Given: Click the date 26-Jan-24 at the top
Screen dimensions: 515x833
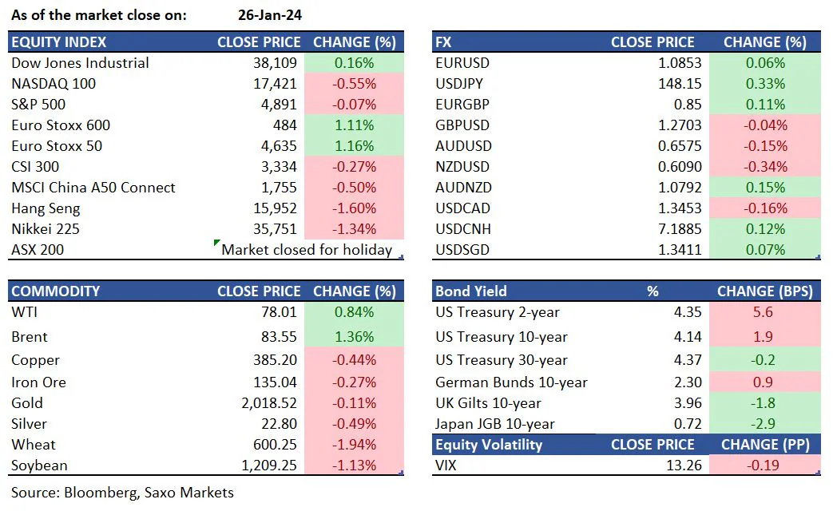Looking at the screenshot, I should coord(270,14).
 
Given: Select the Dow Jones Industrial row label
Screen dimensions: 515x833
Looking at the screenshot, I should coord(80,63).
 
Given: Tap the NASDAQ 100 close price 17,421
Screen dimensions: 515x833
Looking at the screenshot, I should coord(274,84).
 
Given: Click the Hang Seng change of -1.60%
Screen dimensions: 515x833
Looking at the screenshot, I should coord(354,208).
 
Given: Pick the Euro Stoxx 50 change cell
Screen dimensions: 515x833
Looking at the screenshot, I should coord(354,146).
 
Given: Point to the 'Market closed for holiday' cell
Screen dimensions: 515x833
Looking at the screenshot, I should coord(306,250).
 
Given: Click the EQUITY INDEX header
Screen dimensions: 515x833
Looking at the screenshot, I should coord(59,42).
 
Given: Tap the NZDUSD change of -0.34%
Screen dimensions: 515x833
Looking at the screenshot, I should coord(764,167).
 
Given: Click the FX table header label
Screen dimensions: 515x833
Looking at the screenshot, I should coord(444,42).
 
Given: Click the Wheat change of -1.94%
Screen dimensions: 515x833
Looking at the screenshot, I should coord(354,445).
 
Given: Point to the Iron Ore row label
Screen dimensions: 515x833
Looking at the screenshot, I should coord(39,382).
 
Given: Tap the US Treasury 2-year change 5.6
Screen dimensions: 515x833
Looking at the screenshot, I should coord(764,312).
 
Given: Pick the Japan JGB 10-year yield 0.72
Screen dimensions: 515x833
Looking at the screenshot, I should coord(688,424).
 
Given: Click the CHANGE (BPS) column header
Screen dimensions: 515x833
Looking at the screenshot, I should coord(764,291).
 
